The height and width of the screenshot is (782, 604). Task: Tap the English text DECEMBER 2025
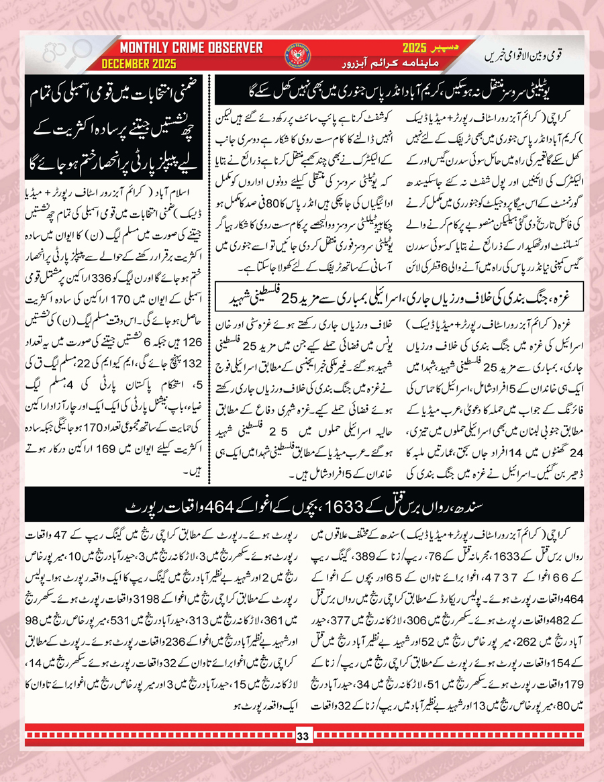[139, 64]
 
